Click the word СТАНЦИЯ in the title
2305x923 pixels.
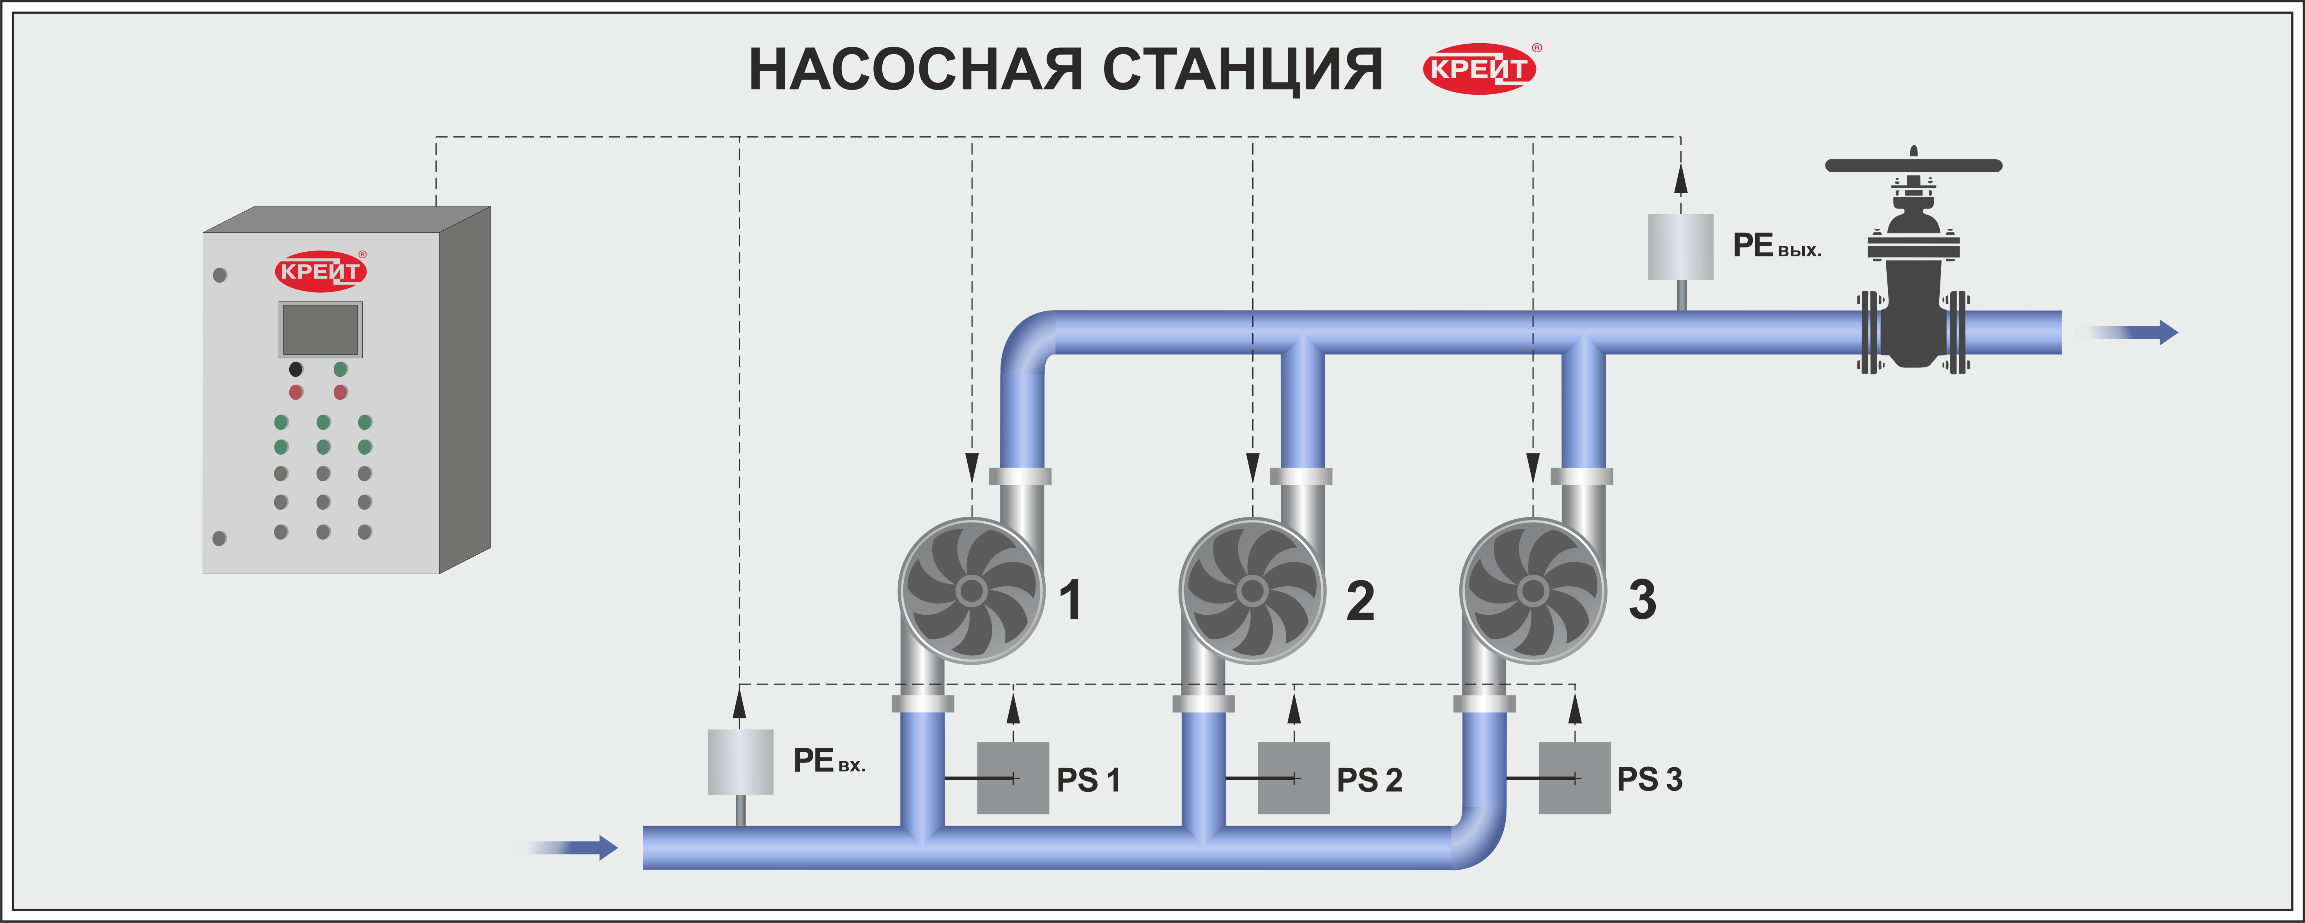(x=1243, y=70)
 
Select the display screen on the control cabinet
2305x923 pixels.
(x=320, y=329)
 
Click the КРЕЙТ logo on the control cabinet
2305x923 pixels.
(x=320, y=271)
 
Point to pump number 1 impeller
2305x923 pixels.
(x=972, y=591)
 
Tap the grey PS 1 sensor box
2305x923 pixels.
(x=1013, y=778)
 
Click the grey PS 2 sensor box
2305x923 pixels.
(x=1294, y=778)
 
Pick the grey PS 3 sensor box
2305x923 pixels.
(x=1575, y=778)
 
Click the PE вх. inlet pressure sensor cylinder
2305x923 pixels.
(x=741, y=762)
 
